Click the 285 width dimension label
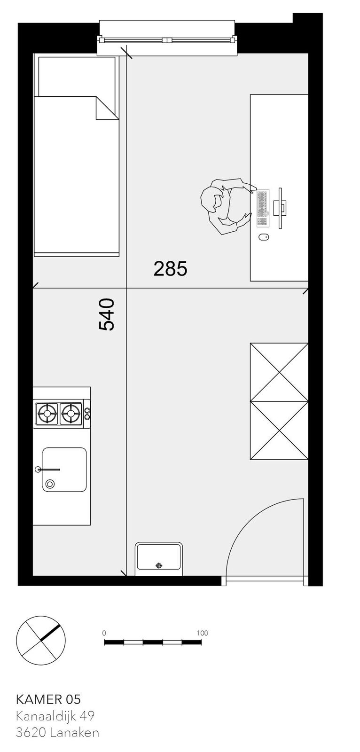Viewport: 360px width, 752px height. tap(170, 269)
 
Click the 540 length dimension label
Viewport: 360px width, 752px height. tap(107, 314)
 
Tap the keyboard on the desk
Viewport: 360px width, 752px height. tap(263, 208)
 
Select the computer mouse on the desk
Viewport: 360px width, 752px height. tap(264, 237)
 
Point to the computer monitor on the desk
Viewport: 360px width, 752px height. tap(280, 208)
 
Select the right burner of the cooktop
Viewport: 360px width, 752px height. tap(70, 413)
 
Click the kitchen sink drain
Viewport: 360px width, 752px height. tap(50, 484)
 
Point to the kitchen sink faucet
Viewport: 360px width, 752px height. tap(47, 470)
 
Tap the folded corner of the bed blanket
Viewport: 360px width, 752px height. tap(107, 108)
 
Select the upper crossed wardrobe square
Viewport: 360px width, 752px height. tap(279, 372)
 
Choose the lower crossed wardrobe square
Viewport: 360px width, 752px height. tap(279, 431)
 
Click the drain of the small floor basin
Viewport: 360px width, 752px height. tap(159, 566)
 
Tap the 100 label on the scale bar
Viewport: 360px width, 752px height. tap(203, 633)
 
